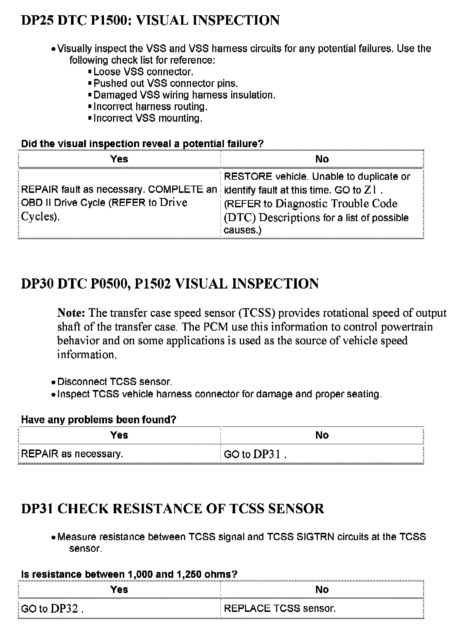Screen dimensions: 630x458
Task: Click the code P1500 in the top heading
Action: (x=109, y=20)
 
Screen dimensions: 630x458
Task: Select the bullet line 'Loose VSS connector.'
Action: (x=143, y=72)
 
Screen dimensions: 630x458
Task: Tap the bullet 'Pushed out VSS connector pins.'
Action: (x=166, y=83)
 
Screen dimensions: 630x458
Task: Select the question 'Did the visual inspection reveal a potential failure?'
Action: (x=142, y=144)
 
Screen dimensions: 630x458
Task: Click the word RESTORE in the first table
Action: (x=248, y=177)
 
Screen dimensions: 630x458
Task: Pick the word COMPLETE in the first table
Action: (x=175, y=190)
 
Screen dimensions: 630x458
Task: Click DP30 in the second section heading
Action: (x=37, y=284)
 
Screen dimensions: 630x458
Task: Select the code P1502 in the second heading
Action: (x=153, y=284)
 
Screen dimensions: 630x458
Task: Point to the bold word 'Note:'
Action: (x=71, y=313)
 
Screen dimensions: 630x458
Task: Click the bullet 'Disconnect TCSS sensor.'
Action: (x=114, y=382)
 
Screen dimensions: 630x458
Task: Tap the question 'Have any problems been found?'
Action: (x=99, y=420)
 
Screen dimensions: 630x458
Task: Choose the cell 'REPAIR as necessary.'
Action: (x=72, y=454)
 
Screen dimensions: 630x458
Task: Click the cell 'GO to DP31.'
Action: (x=255, y=454)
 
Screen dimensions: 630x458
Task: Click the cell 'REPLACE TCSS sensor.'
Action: (x=280, y=608)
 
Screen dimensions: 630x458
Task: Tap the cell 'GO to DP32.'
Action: (x=52, y=609)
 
